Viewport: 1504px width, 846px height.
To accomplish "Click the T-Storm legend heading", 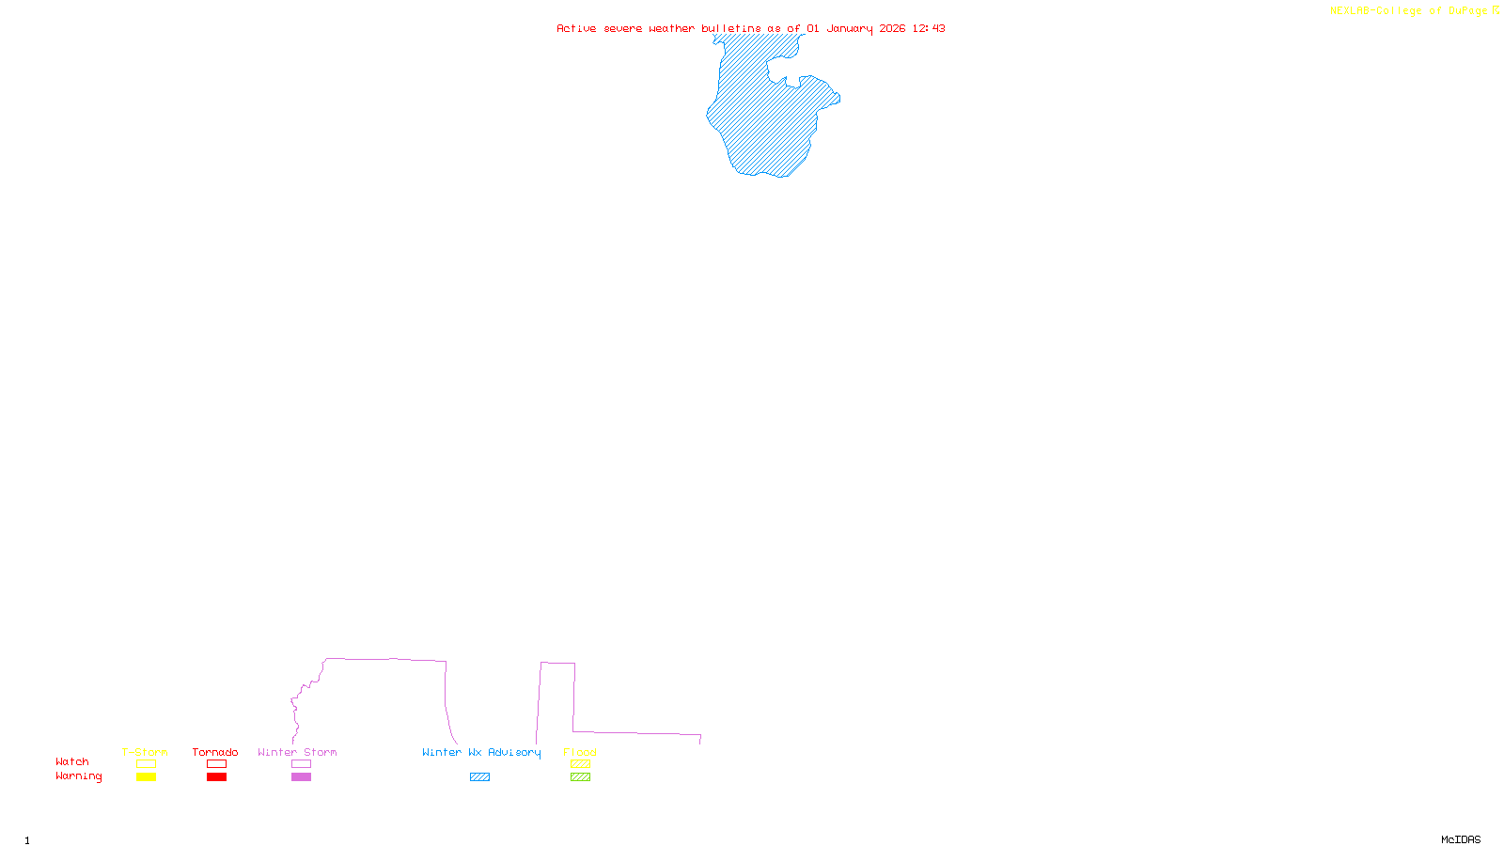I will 145,752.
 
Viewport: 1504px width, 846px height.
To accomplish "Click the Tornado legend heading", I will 215,752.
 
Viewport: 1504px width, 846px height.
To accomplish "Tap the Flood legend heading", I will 580,752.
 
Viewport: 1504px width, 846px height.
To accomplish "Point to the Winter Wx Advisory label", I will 481,752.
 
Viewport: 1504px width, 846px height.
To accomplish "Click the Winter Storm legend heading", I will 297,752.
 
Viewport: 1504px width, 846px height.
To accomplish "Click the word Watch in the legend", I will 72,761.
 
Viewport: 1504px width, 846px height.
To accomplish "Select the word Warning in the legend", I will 79,776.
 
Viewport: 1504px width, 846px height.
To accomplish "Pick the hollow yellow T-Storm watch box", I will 146,764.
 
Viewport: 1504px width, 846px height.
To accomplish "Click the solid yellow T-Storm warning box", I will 146,777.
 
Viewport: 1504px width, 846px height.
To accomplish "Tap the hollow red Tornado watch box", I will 216,764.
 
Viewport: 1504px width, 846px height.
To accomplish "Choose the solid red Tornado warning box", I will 216,777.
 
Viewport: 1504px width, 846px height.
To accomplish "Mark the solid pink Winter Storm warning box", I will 301,777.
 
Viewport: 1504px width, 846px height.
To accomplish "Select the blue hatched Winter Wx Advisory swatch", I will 479,777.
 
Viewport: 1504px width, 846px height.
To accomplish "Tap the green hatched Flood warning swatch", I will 580,777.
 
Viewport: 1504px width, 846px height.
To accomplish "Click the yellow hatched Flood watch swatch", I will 580,764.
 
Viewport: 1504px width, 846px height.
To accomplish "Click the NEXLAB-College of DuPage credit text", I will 1409,11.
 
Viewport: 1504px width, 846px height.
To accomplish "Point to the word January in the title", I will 850,28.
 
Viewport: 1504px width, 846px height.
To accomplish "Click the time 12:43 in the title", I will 929,28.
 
